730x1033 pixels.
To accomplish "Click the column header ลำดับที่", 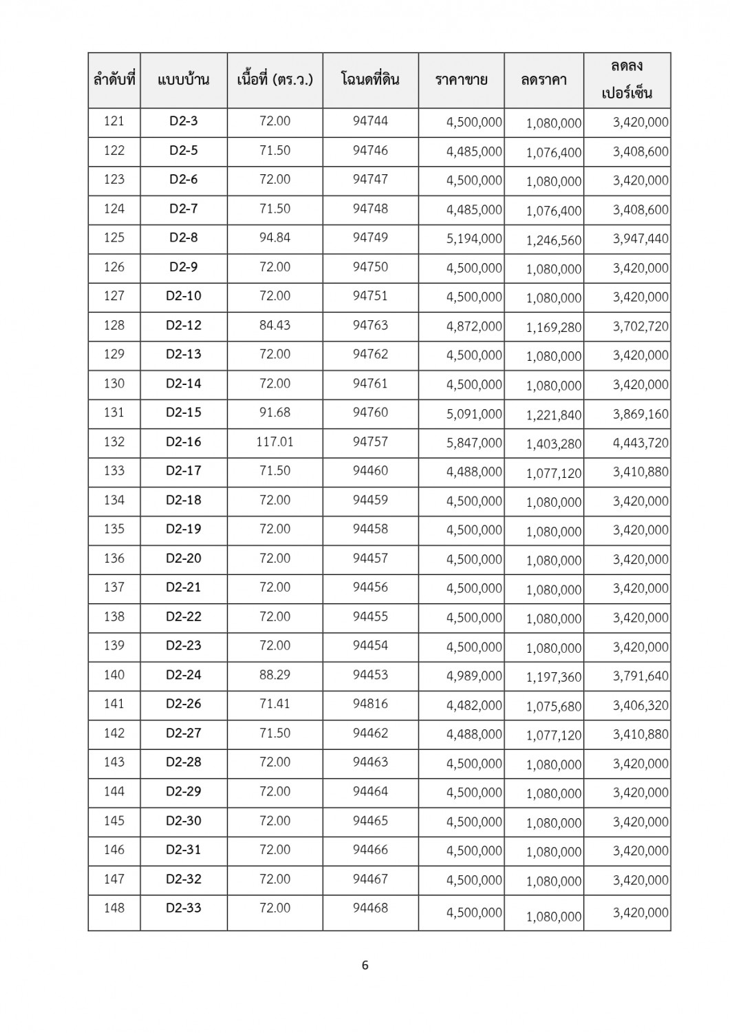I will pos(114,80).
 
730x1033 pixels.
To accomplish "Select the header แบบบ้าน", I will pos(184,80).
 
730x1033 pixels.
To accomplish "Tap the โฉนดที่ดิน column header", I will pos(370,80).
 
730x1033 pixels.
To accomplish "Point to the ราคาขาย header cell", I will pos(461,80).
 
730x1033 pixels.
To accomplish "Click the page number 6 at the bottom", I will pos(365,965).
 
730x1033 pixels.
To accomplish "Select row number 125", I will pos(114,238).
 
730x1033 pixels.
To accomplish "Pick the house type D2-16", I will pos(184,441).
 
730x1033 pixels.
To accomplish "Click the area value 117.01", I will pos(275,441).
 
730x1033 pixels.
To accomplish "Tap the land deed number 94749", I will pos(370,238).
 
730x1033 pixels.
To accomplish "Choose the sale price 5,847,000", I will pos(474,443).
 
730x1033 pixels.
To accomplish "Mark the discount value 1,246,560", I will pos(554,240).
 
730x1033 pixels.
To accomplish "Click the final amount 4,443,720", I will pos(641,443).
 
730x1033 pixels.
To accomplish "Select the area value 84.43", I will pos(275,325).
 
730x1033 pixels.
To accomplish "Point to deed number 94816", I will pos(370,703).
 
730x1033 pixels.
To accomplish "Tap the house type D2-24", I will pos(184,674).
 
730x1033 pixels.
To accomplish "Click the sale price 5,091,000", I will pos(474,414).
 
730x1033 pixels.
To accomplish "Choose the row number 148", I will pos(114,908).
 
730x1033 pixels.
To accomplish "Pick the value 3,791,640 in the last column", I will pos(641,676).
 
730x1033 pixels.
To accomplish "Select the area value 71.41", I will pos(275,703).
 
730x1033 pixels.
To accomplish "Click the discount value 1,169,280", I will pos(554,328).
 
